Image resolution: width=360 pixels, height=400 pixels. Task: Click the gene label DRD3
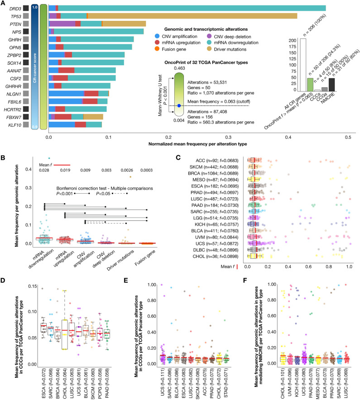click(x=12, y=8)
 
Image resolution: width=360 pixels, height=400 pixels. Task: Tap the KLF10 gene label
click(x=12, y=124)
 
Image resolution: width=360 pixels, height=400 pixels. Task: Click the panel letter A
click(x=3, y=3)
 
